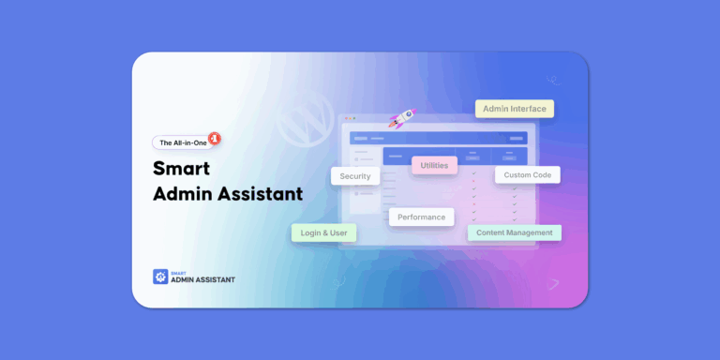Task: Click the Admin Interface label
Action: click(514, 109)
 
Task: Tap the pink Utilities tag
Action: click(434, 165)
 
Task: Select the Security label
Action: click(355, 175)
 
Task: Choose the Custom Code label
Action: click(527, 174)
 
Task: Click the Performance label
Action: click(421, 217)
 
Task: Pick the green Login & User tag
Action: click(323, 232)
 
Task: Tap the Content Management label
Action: click(515, 232)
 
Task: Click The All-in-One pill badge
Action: click(183, 142)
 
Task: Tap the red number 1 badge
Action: click(215, 137)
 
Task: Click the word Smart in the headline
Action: click(181, 170)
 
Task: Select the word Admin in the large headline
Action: click(185, 195)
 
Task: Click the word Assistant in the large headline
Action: click(262, 195)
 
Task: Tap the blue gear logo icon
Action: click(159, 277)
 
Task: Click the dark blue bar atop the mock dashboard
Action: click(438, 137)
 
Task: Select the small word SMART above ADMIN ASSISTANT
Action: click(177, 272)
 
